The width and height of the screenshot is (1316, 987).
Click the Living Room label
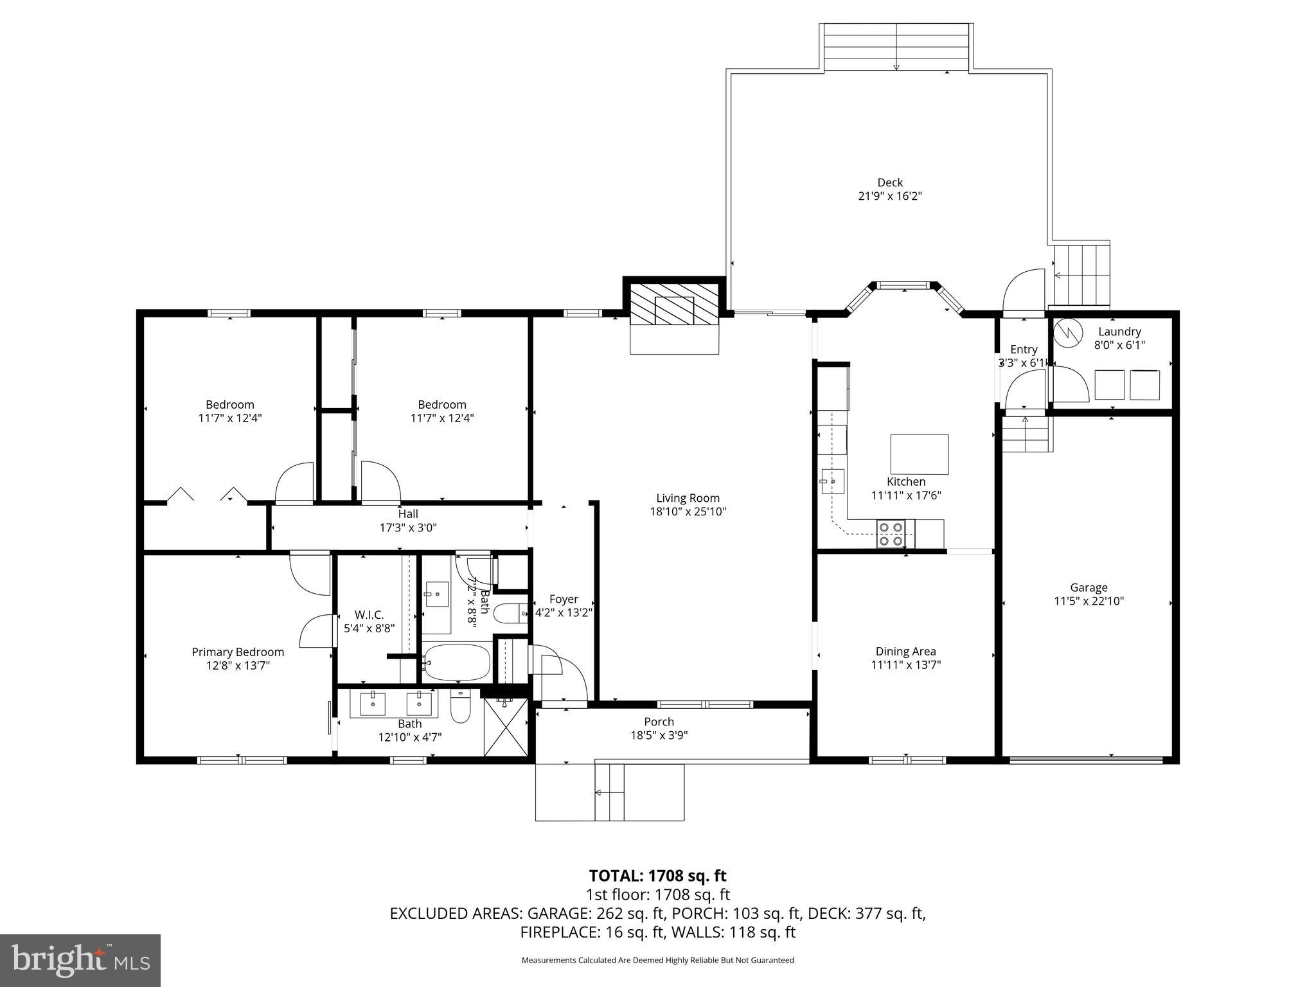click(x=688, y=498)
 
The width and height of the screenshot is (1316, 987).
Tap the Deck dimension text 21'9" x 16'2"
click(x=890, y=197)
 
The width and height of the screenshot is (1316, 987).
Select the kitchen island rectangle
click(x=919, y=454)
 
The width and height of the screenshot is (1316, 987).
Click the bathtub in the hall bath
click(x=457, y=662)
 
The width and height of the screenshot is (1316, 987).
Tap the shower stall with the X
click(x=505, y=728)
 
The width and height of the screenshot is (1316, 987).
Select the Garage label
click(x=1089, y=587)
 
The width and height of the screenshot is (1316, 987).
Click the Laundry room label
click(x=1119, y=332)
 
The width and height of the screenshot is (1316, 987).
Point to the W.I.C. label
click(x=369, y=615)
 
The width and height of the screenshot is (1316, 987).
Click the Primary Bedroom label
click(x=238, y=652)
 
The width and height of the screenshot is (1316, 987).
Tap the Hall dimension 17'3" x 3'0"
click(x=408, y=528)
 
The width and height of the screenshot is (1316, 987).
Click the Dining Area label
click(x=905, y=652)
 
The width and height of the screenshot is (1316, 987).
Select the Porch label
click(x=659, y=722)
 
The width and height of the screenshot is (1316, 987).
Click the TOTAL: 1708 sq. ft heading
click(x=657, y=876)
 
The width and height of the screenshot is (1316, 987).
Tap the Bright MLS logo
click(x=80, y=960)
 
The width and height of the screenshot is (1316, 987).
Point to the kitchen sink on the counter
click(x=832, y=481)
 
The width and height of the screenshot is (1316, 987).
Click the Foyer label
click(x=564, y=599)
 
